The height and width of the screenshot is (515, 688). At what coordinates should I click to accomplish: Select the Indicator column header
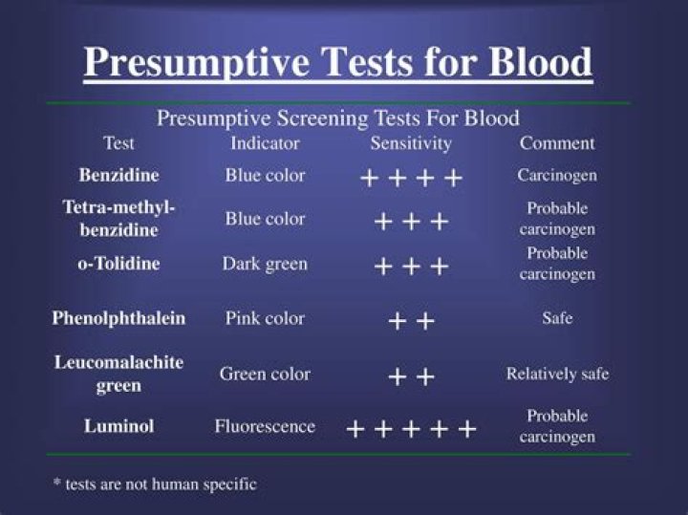265,143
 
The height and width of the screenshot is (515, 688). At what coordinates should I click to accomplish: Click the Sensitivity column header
411,143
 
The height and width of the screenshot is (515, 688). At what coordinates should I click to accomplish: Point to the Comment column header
557,143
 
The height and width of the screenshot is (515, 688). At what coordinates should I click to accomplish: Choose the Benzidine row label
118,176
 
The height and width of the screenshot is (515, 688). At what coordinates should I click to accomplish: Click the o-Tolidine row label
118,264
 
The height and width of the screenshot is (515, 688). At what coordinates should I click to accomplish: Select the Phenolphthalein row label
118,318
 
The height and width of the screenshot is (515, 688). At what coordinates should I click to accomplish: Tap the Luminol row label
118,426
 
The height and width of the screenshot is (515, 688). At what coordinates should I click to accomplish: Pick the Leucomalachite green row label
118,374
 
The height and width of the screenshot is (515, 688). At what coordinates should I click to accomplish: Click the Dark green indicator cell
265,264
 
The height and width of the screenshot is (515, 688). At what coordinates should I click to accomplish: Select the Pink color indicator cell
265,318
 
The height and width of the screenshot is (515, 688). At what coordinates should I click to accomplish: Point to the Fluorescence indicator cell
265,426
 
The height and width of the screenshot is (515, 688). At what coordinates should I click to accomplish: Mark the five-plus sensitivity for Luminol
411,428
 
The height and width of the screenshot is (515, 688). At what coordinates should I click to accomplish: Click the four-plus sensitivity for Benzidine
411,178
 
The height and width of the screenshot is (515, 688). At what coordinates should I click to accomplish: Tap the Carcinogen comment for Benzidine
557,176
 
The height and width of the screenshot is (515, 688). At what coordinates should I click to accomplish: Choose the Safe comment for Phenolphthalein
557,318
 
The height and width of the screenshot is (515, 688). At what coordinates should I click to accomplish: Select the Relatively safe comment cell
557,374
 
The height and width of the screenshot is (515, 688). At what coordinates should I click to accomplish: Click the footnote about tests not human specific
154,483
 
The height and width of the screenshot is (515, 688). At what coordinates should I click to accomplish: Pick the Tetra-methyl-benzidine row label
118,219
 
